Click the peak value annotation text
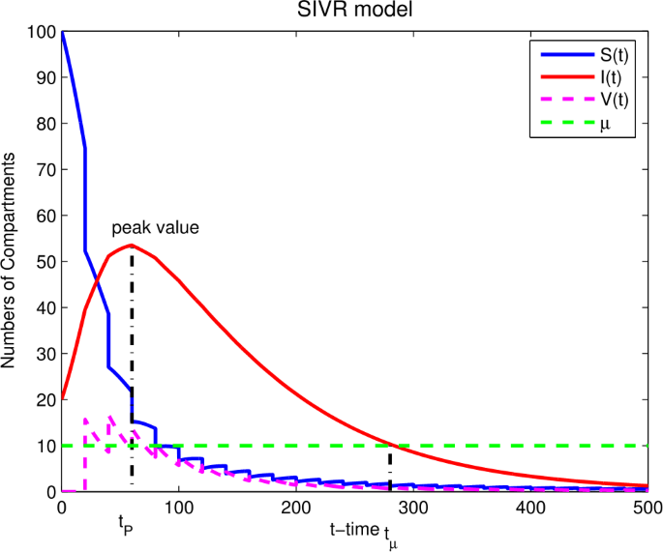pyautogui.click(x=155, y=229)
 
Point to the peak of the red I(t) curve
pyautogui.click(x=132, y=245)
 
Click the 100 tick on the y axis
pyautogui.click(x=44, y=32)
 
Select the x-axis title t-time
pyautogui.click(x=354, y=529)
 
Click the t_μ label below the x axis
pyautogui.click(x=389, y=535)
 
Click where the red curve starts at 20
pyautogui.click(x=63, y=399)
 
